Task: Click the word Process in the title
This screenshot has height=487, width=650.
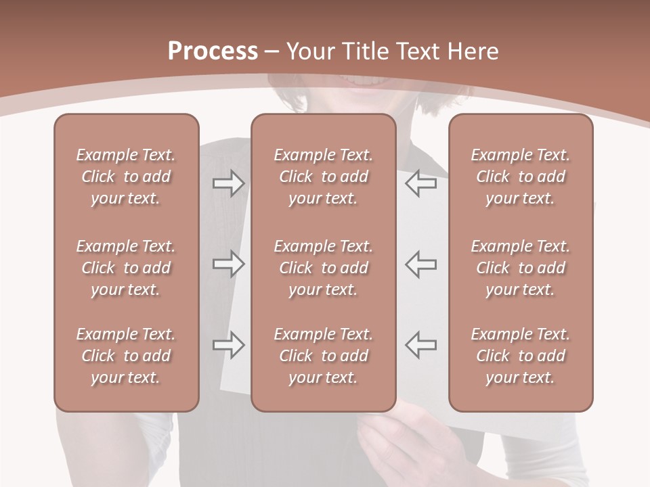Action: tap(213, 51)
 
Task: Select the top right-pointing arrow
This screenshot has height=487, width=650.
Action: tap(228, 183)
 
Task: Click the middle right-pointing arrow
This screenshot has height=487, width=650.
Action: tap(228, 264)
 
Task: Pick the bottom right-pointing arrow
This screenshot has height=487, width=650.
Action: tap(228, 344)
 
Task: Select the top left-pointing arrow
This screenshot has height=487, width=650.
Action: tap(421, 183)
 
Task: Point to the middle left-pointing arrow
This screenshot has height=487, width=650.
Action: tap(421, 264)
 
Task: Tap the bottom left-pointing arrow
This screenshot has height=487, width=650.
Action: tap(421, 344)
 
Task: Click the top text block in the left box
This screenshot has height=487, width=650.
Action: tap(126, 177)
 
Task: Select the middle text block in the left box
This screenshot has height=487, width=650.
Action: tap(126, 268)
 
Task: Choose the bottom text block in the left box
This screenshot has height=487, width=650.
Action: tap(126, 356)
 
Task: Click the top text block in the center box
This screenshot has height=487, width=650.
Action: tap(323, 177)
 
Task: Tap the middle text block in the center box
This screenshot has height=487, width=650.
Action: tap(323, 268)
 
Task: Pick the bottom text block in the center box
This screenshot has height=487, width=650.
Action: tap(323, 356)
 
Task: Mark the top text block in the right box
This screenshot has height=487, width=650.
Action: tap(520, 177)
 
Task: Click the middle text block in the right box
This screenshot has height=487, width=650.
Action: tap(520, 268)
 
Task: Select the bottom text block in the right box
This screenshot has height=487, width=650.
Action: tap(520, 356)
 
